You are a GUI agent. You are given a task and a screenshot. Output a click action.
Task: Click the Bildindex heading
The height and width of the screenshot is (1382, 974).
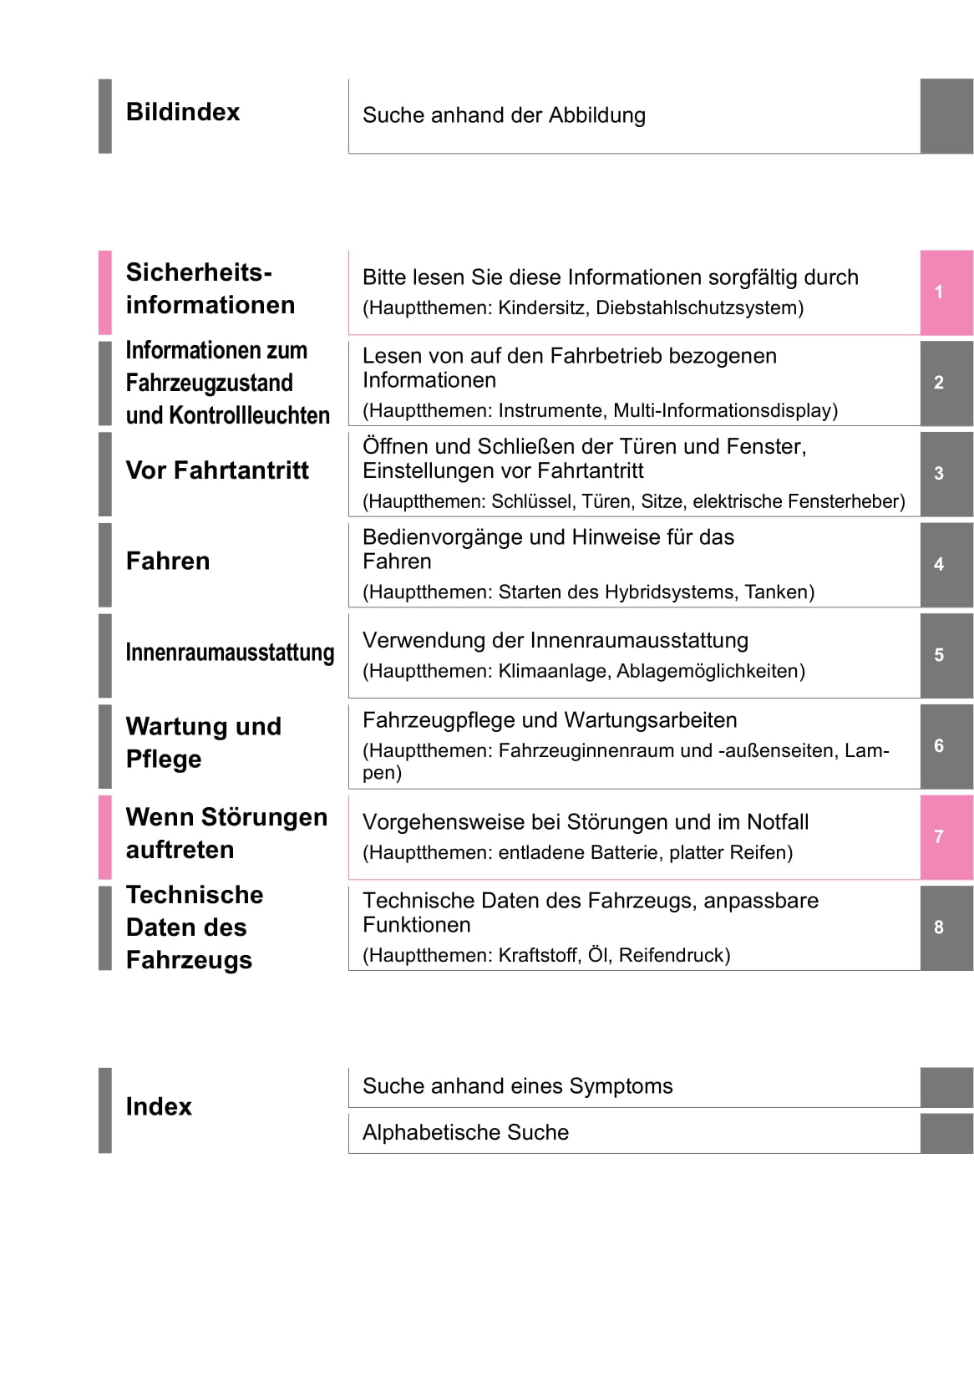182,112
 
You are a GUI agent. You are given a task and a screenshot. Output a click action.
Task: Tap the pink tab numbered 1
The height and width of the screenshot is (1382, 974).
946,292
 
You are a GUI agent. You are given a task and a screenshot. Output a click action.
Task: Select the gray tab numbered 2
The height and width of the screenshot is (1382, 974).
946,383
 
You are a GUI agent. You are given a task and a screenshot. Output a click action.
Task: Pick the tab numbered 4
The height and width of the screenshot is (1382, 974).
946,564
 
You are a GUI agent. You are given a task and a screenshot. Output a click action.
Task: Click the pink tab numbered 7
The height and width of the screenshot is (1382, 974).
946,836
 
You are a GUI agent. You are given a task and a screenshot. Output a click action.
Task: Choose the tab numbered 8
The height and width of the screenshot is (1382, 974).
946,927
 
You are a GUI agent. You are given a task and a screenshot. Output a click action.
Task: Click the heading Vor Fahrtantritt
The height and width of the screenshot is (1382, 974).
217,470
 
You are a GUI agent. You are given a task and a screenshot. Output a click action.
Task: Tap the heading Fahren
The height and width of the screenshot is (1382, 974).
168,561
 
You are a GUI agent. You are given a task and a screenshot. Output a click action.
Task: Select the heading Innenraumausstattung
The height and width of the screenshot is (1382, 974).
230,653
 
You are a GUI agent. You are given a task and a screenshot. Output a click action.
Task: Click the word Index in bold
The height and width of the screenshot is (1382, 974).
159,1106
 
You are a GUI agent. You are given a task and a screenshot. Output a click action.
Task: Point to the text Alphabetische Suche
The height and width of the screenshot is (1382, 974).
465,1132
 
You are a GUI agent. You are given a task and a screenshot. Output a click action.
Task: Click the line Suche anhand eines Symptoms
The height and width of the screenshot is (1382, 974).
517,1086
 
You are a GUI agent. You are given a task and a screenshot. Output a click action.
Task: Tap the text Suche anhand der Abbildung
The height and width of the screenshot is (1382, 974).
504,115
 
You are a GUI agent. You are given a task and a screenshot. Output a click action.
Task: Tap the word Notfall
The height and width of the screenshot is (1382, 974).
778,822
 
